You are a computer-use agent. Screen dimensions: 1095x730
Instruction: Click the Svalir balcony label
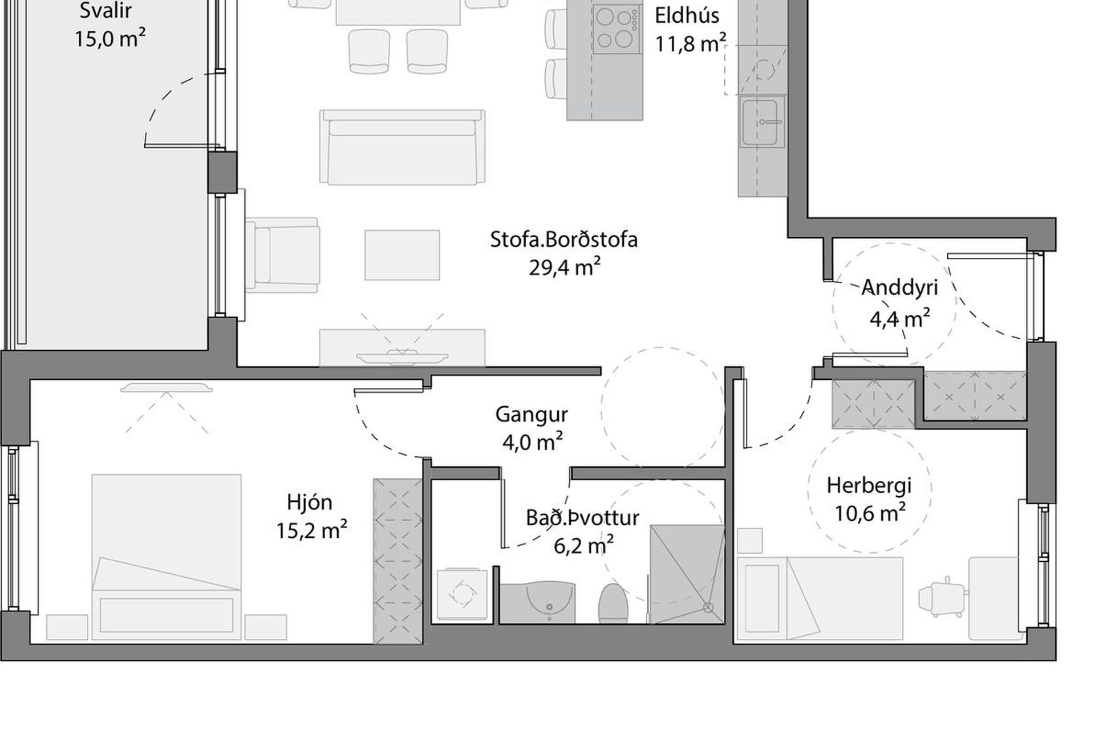(x=106, y=10)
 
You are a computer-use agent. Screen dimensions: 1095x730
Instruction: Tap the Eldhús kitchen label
(x=687, y=15)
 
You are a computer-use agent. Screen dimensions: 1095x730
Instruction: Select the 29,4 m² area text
(x=565, y=267)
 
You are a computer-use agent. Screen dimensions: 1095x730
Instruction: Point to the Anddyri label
(x=899, y=287)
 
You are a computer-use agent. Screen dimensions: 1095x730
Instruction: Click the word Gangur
(x=532, y=415)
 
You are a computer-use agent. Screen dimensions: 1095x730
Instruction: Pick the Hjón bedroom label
(x=310, y=502)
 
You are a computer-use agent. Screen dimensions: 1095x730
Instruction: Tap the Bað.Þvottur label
(x=582, y=518)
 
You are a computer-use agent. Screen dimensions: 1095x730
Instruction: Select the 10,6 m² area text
(x=870, y=513)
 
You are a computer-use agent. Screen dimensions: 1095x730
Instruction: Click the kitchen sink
(x=761, y=122)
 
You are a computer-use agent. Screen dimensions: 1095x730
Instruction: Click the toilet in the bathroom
(x=613, y=603)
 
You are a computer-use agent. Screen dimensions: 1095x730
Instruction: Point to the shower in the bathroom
(x=687, y=574)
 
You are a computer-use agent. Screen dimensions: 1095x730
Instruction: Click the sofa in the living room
(x=402, y=147)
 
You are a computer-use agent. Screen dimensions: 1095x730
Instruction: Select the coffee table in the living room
(x=402, y=255)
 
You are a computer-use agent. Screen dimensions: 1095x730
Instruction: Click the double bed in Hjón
(x=167, y=557)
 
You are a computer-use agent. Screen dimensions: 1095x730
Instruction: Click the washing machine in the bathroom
(x=461, y=594)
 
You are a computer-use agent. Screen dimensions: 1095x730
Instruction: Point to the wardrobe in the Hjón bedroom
(x=398, y=561)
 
